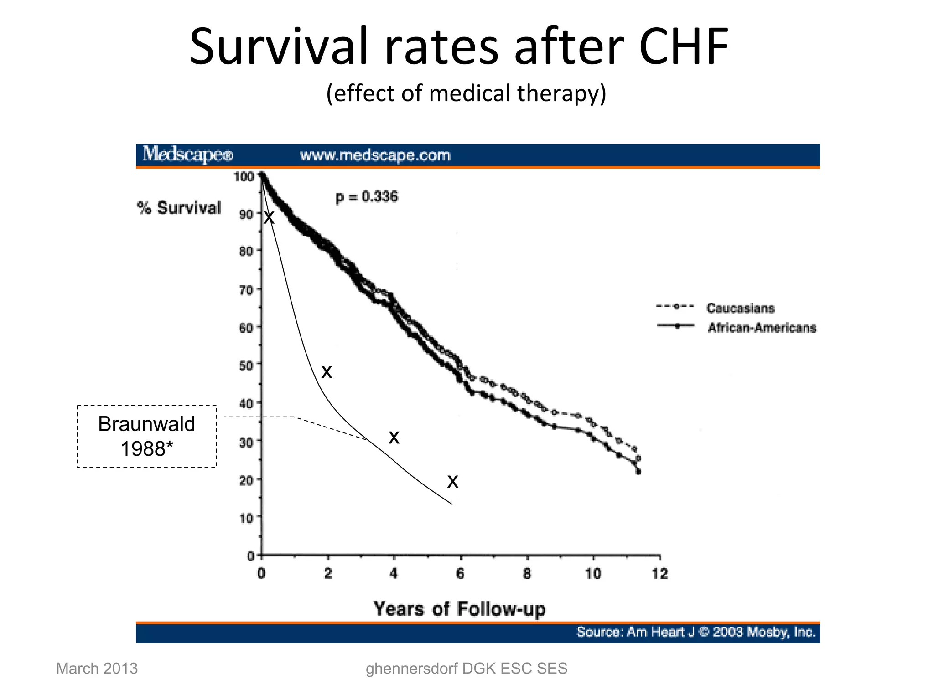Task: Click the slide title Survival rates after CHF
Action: (x=459, y=47)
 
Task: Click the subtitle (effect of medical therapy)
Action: (x=466, y=93)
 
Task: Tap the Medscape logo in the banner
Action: (x=187, y=155)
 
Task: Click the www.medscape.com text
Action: (x=375, y=155)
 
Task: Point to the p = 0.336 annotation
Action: (x=367, y=197)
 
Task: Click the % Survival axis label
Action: (x=179, y=208)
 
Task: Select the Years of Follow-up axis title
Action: (x=459, y=609)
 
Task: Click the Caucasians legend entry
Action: (x=740, y=308)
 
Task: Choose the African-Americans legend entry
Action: (x=761, y=328)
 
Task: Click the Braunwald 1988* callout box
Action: (x=146, y=436)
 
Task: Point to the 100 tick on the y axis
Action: (x=244, y=176)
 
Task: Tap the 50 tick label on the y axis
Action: (x=246, y=365)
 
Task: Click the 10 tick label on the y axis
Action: (x=246, y=518)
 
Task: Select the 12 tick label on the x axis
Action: (x=660, y=574)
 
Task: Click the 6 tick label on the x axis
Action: (x=460, y=574)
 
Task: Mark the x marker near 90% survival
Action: (x=269, y=218)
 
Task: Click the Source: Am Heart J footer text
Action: (x=695, y=632)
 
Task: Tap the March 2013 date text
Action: (x=97, y=669)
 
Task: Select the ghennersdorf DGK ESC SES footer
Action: (x=466, y=669)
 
